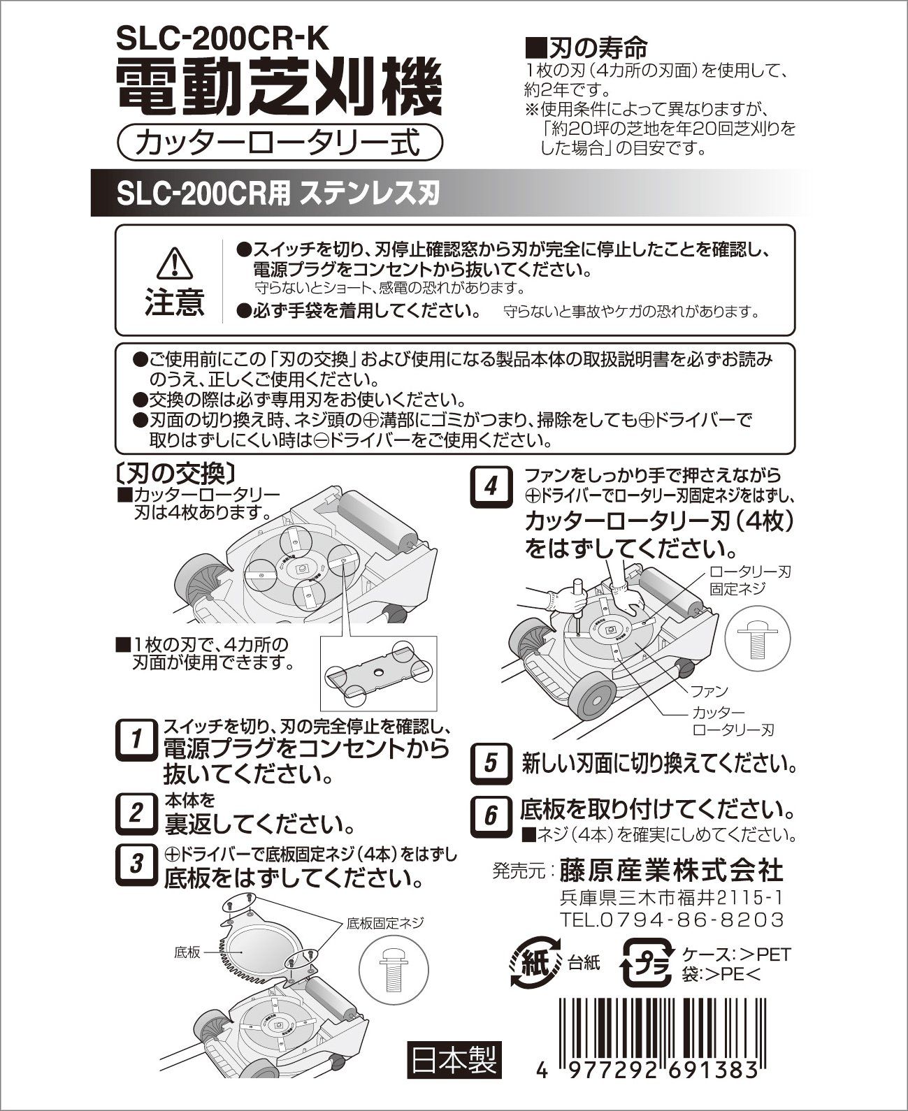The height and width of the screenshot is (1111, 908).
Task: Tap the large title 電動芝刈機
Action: (x=279, y=90)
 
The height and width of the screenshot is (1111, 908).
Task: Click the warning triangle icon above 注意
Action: (x=174, y=263)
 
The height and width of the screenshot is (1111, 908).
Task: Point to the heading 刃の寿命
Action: (x=588, y=48)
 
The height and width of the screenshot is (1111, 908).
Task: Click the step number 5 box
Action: (x=491, y=762)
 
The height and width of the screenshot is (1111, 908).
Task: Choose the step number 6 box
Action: (x=491, y=815)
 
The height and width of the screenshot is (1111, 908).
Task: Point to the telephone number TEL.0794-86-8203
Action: (x=672, y=918)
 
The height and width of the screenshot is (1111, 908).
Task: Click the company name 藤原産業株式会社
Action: (x=671, y=871)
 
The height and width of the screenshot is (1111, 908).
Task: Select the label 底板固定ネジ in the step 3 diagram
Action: (x=385, y=923)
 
